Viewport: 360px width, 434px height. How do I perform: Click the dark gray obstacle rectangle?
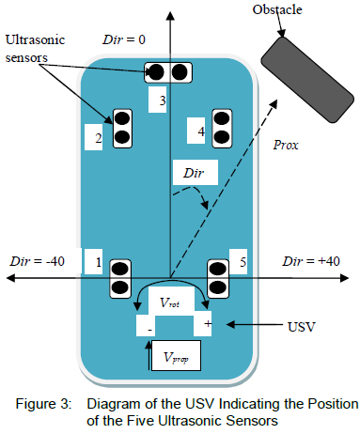307,80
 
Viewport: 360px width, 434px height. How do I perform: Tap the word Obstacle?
277,9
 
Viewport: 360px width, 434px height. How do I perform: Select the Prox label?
286,145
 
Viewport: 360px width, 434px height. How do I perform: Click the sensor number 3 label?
157,100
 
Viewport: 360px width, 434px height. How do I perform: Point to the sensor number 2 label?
94,137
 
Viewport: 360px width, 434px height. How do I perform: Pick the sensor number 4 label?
196,131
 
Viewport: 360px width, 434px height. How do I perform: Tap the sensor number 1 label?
93,261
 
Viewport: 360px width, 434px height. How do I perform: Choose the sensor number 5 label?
238,261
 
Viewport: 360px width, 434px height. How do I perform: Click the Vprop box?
176,356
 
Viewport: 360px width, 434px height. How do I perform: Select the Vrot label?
169,302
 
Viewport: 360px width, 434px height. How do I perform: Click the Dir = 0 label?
124,39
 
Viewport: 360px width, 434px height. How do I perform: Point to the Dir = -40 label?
38,261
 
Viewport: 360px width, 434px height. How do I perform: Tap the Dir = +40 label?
311,261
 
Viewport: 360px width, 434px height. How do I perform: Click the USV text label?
301,327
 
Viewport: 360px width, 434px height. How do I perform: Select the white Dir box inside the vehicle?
196,172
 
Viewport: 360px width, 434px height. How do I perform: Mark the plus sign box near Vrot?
203,323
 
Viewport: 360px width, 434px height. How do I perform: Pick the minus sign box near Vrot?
146,326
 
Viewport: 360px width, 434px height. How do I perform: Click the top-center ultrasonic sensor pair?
168,72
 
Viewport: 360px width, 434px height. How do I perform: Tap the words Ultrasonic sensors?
35,49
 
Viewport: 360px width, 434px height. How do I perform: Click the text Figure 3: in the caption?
44,404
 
